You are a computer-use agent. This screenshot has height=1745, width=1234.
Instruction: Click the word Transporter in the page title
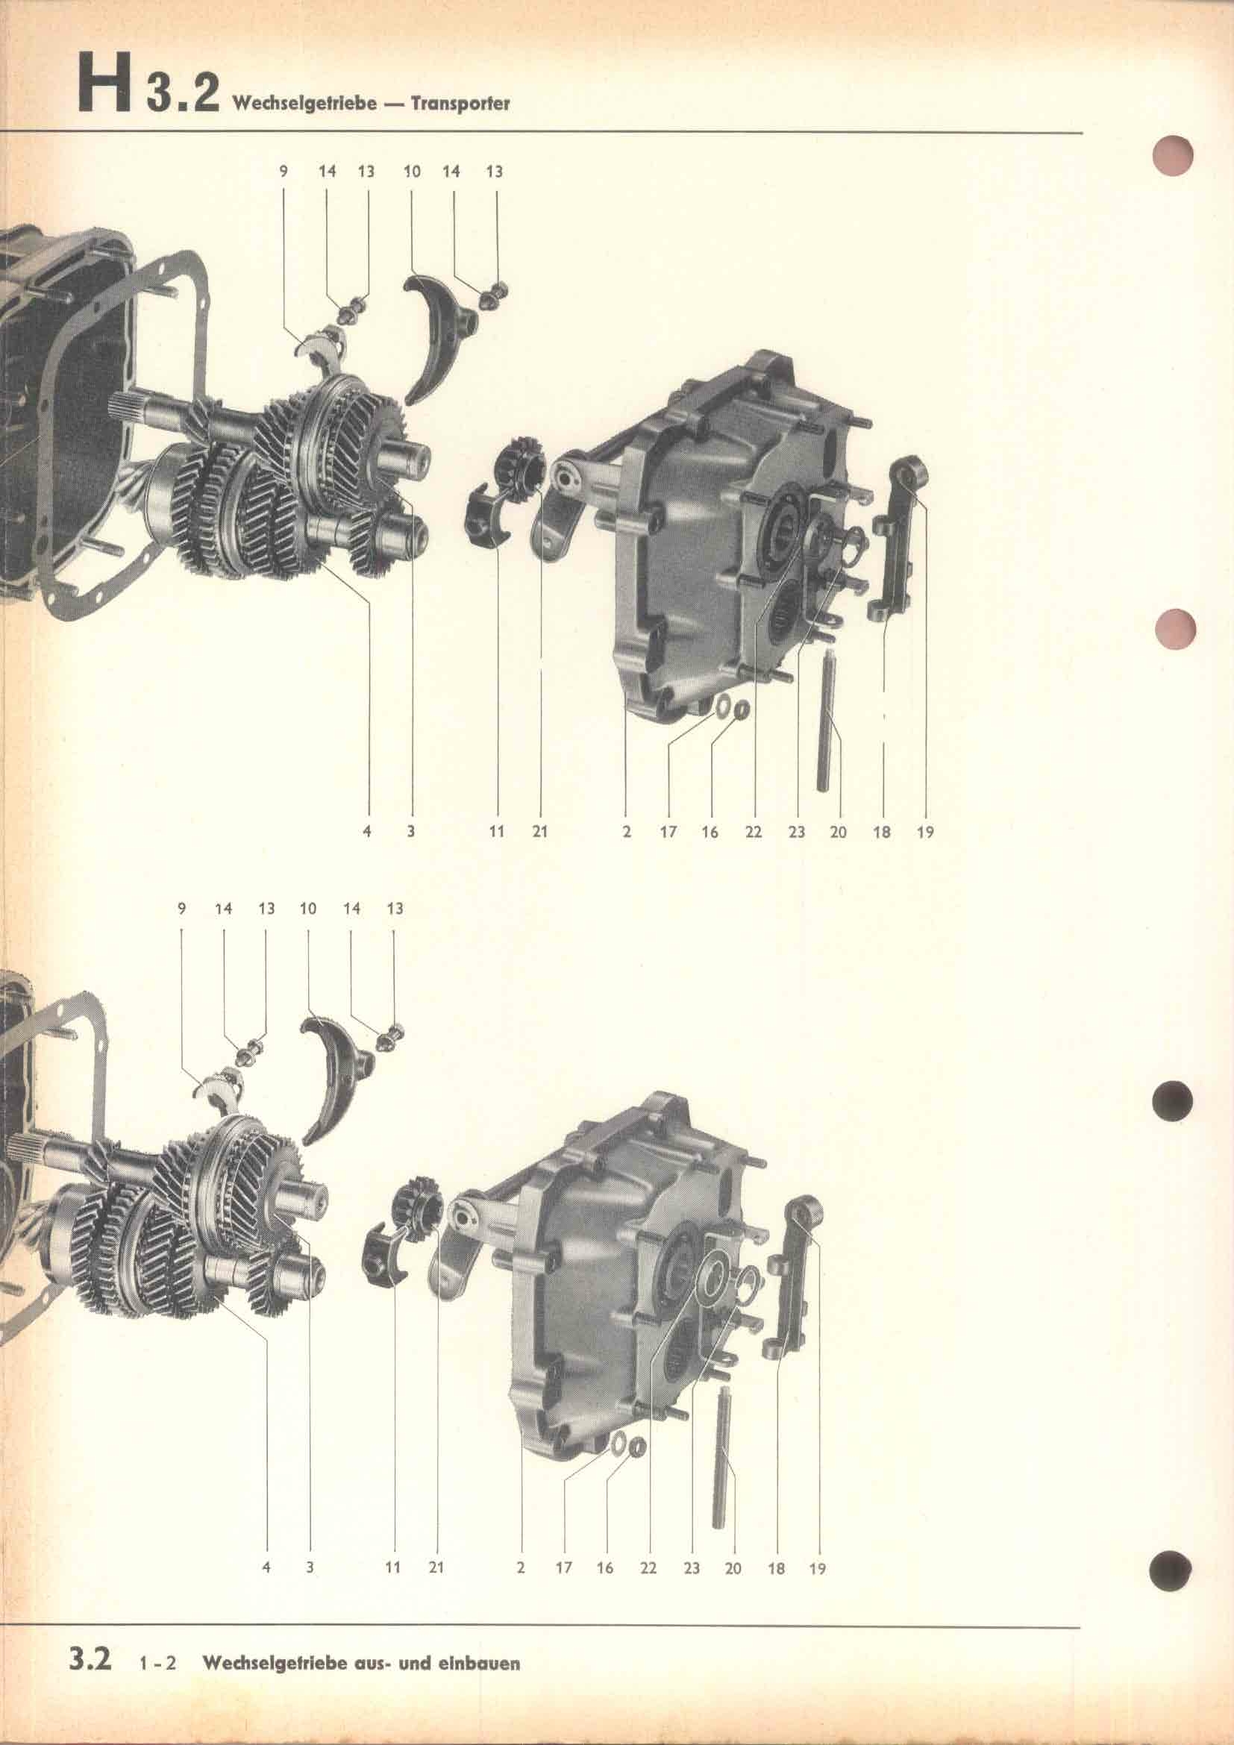coord(460,104)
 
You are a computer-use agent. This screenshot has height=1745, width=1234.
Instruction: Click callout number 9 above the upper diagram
coord(284,172)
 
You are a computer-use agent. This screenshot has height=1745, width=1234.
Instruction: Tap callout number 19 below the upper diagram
coord(924,833)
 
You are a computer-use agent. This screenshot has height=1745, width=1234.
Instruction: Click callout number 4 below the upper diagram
coord(367,833)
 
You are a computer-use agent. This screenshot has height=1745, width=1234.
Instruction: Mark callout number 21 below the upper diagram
coord(539,833)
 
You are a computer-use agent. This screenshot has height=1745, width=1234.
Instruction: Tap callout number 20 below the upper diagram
coord(838,833)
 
